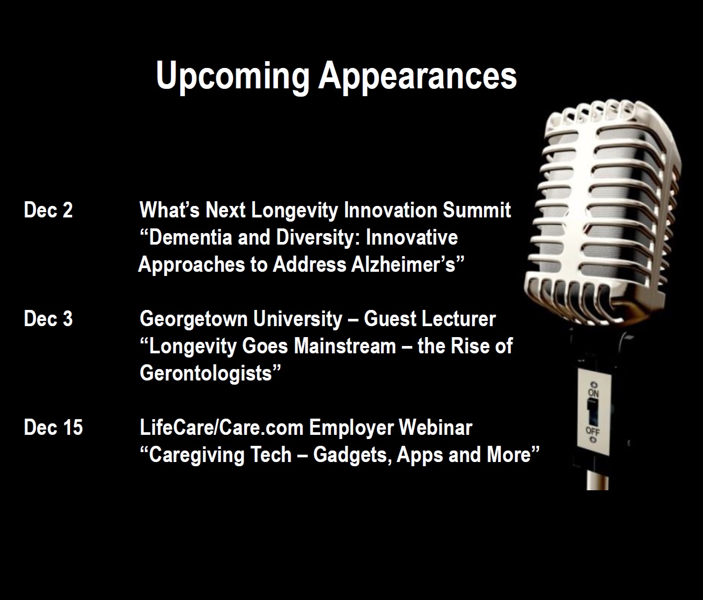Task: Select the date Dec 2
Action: [x=48, y=210]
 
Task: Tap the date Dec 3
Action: [x=48, y=319]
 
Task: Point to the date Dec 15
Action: [x=53, y=427]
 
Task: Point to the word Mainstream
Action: [x=345, y=346]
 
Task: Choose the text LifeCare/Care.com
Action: [x=222, y=427]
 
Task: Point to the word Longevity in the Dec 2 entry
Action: [x=295, y=211]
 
